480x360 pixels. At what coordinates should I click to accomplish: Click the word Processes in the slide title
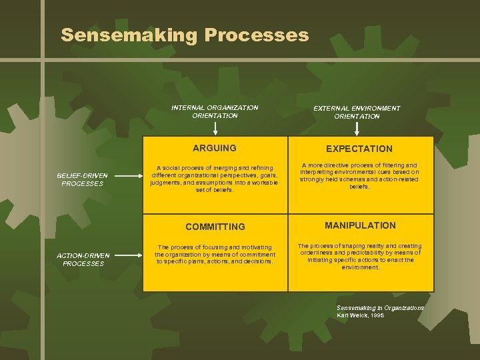(257, 35)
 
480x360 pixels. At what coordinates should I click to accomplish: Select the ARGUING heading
(215, 148)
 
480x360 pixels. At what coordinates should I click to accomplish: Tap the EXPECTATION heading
(359, 149)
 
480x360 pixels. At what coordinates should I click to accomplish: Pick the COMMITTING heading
(215, 227)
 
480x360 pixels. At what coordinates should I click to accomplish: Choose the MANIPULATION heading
(360, 225)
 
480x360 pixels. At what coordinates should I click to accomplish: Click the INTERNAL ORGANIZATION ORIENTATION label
(215, 111)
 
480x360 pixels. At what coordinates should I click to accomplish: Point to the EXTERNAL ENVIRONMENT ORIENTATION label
(357, 112)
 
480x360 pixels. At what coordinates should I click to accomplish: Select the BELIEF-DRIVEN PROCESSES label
(83, 179)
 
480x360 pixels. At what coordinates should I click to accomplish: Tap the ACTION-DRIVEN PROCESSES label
(83, 259)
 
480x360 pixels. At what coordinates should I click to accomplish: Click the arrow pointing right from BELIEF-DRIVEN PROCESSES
(126, 175)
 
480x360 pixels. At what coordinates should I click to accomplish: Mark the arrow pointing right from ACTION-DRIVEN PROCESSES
(126, 255)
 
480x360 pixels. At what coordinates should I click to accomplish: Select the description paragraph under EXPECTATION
(359, 175)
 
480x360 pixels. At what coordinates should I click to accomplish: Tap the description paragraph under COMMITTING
(215, 254)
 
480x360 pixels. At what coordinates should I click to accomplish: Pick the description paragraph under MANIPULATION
(359, 256)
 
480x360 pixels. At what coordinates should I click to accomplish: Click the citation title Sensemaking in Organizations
(380, 307)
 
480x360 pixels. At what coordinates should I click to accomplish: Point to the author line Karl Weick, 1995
(360, 315)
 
